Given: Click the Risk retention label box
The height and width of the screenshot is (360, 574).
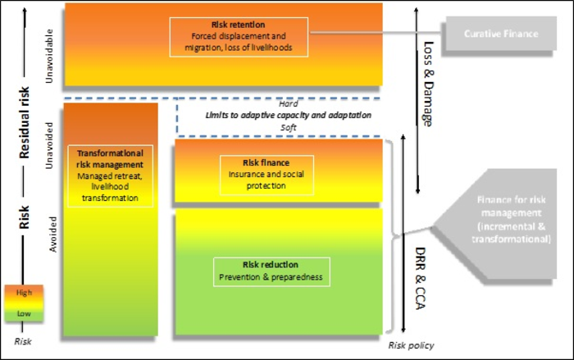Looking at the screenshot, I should (239, 37).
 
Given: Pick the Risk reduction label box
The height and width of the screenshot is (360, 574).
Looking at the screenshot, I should (271, 271).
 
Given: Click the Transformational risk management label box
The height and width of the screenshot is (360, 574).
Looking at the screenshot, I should (110, 175).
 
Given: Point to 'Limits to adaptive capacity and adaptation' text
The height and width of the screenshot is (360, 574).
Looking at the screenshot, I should (287, 116).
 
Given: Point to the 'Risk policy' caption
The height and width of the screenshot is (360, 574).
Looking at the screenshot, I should (411, 345).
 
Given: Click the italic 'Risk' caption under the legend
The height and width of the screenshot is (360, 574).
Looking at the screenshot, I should (23, 340).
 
